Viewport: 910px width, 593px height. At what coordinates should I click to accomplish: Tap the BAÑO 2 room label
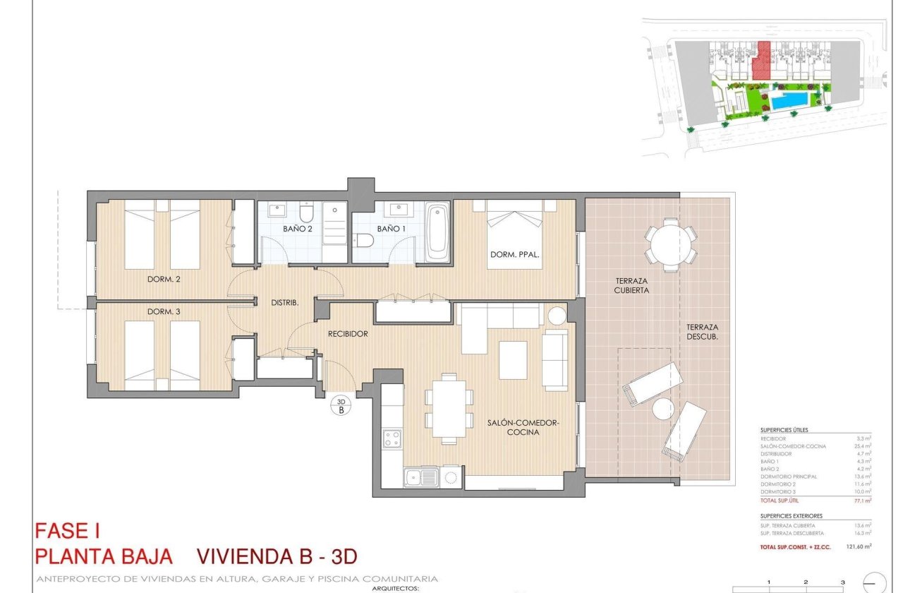point(298,229)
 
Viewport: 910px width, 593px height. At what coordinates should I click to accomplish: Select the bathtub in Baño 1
point(437,232)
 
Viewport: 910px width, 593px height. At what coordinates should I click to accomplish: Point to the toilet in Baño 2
point(307,212)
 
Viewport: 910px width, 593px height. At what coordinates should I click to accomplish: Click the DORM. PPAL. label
point(515,255)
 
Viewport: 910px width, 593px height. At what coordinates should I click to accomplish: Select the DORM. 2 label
point(164,279)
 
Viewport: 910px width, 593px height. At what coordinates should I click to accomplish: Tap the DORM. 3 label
point(164,311)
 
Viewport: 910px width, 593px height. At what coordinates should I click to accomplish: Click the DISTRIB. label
point(285,302)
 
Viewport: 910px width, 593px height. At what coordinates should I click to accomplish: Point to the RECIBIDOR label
point(348,334)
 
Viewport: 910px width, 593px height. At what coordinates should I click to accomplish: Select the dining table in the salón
point(449,409)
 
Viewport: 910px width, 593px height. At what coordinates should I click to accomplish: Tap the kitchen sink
point(420,478)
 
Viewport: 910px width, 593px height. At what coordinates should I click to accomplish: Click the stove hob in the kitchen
point(392,438)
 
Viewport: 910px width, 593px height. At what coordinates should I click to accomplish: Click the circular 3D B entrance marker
point(341,405)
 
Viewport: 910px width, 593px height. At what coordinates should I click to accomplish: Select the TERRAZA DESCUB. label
point(703,332)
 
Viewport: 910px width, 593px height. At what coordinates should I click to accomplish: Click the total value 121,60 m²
point(858,546)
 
